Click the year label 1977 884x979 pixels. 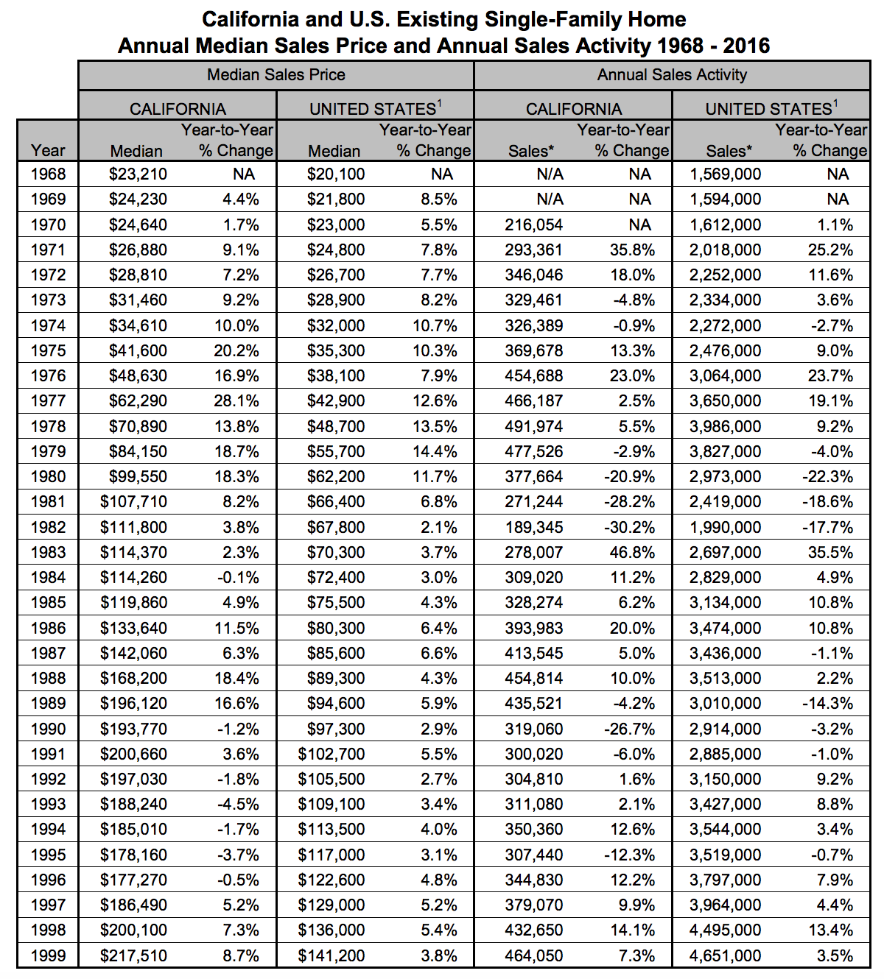pyautogui.click(x=48, y=401)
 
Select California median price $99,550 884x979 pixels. pyautogui.click(x=138, y=477)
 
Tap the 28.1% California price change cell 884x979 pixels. pyautogui.click(x=236, y=401)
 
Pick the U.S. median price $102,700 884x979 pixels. pyautogui.click(x=331, y=754)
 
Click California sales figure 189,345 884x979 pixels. pyautogui.click(x=534, y=528)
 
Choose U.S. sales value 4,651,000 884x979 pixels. pyautogui.click(x=726, y=955)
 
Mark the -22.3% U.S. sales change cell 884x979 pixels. pyautogui.click(x=828, y=477)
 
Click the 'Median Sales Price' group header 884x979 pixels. pyautogui.click(x=276, y=74)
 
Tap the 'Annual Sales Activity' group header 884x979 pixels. pyautogui.click(x=672, y=74)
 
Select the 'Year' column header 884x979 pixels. pyautogui.click(x=48, y=151)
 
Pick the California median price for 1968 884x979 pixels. pyautogui.click(x=138, y=174)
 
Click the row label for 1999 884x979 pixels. pyautogui.click(x=48, y=955)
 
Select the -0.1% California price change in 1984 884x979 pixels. pyautogui.click(x=239, y=578)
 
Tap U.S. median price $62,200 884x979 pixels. pyautogui.click(x=335, y=477)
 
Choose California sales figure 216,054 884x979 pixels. pyautogui.click(x=534, y=225)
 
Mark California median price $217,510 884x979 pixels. pyautogui.click(x=134, y=955)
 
